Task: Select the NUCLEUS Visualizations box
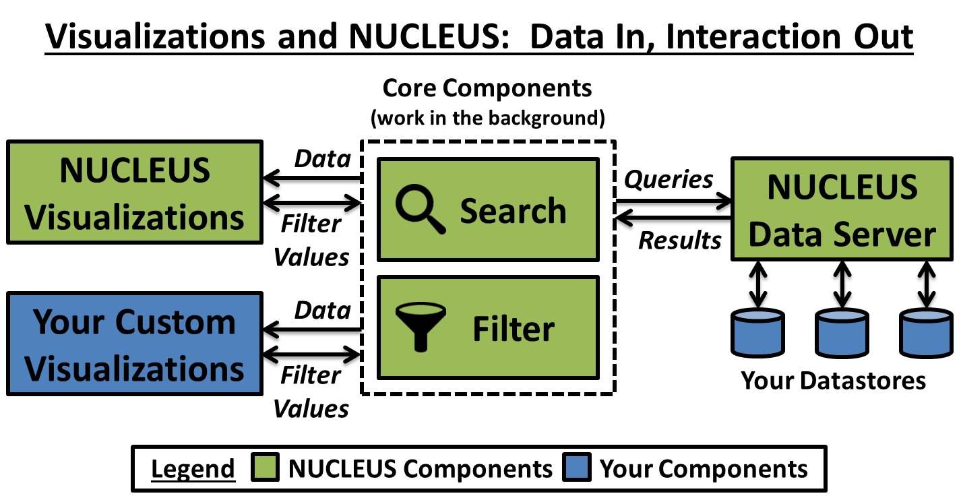(134, 192)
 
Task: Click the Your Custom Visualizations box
(134, 344)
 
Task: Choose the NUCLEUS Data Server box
(842, 209)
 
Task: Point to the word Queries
(669, 179)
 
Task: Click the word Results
(679, 240)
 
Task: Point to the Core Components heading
(487, 88)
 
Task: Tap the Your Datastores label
(834, 381)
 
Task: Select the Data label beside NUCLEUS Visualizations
(323, 158)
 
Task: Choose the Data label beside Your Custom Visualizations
(323, 310)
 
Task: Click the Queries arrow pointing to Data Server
(674, 200)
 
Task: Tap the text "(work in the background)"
(487, 119)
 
